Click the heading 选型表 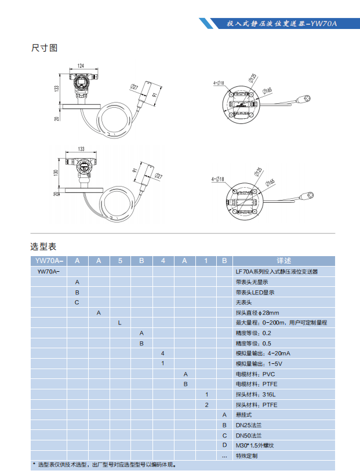pyautogui.click(x=43, y=247)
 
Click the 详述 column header pyautogui.click(x=283, y=261)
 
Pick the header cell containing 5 pyautogui.click(x=119, y=261)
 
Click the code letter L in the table pyautogui.click(x=119, y=322)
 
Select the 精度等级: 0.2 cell pyautogui.click(x=253, y=333)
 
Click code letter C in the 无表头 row pyautogui.click(x=77, y=302)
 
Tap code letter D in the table pyautogui.click(x=224, y=445)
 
